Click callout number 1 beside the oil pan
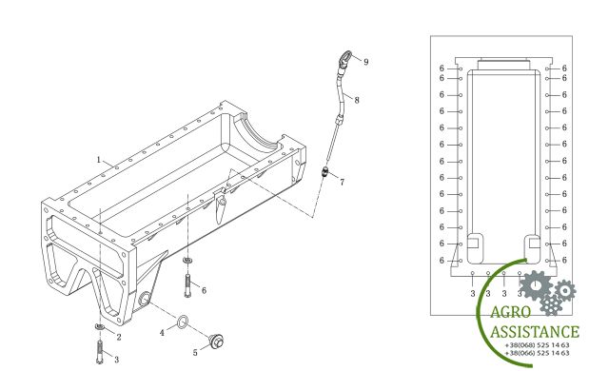[x=99, y=160]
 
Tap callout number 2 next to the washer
[x=119, y=337]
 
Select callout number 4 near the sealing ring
[x=162, y=333]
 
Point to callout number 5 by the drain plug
[x=195, y=353]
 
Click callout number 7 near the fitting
[x=342, y=182]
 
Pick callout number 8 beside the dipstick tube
[x=357, y=100]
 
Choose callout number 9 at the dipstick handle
[x=366, y=62]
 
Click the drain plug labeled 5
[x=217, y=342]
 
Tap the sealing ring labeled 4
[x=182, y=322]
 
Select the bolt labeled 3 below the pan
[x=100, y=351]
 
